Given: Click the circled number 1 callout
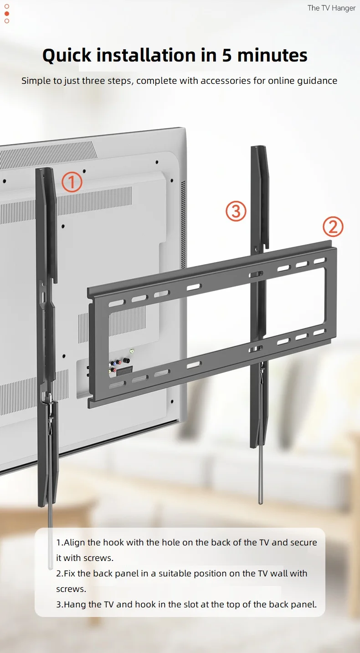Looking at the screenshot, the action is [x=72, y=182].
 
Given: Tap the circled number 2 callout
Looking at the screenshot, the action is [x=333, y=226].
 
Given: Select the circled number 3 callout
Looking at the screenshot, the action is [x=236, y=211].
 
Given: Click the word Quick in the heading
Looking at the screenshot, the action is [x=67, y=56].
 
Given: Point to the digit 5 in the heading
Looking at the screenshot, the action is [x=227, y=56].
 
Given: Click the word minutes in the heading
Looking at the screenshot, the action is [x=272, y=56].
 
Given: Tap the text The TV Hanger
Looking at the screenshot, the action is [x=331, y=8].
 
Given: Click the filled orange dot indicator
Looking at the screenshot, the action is [x=7, y=14].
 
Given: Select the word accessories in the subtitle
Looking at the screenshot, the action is [x=226, y=81].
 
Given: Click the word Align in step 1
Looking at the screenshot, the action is [x=75, y=542].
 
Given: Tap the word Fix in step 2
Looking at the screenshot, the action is [x=70, y=573].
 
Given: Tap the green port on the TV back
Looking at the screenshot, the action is [x=132, y=351].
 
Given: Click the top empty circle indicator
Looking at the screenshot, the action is [x=7, y=6].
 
